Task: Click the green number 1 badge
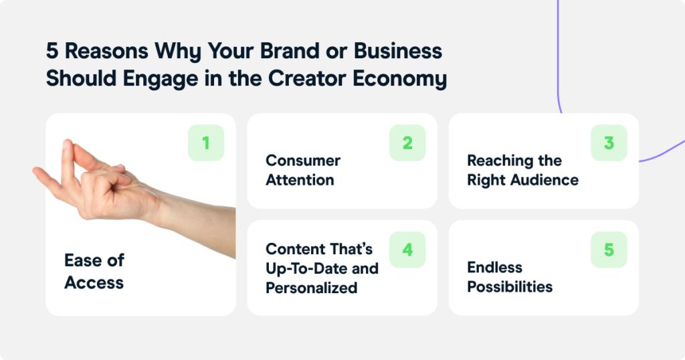click(206, 143)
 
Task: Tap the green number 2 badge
click(407, 143)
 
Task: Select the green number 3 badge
click(609, 143)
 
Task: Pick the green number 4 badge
click(407, 250)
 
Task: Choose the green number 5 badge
click(609, 250)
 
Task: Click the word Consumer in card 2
click(303, 161)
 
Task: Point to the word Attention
click(300, 180)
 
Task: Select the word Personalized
click(312, 288)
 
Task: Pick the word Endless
click(494, 267)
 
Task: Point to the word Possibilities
click(510, 286)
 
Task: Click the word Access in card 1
click(94, 282)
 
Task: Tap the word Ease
click(83, 260)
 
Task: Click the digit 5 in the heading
click(52, 51)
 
